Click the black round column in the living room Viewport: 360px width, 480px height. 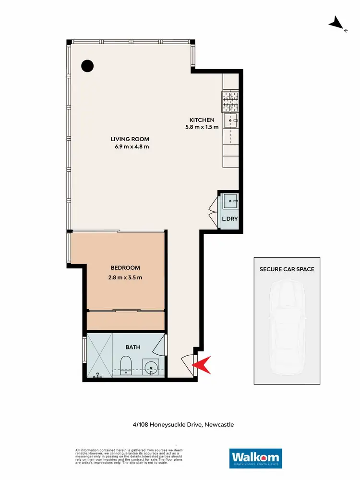[x=87, y=66]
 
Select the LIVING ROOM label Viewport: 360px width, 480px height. [x=128, y=139]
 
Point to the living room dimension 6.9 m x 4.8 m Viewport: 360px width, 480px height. [x=128, y=147]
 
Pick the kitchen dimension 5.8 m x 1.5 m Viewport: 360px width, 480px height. [x=202, y=127]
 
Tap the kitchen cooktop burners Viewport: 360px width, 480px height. [x=230, y=101]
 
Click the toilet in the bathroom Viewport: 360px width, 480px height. [x=126, y=365]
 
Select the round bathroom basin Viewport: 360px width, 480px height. [x=152, y=367]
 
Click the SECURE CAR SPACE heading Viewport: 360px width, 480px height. [x=287, y=269]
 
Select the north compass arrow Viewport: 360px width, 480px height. [x=336, y=23]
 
